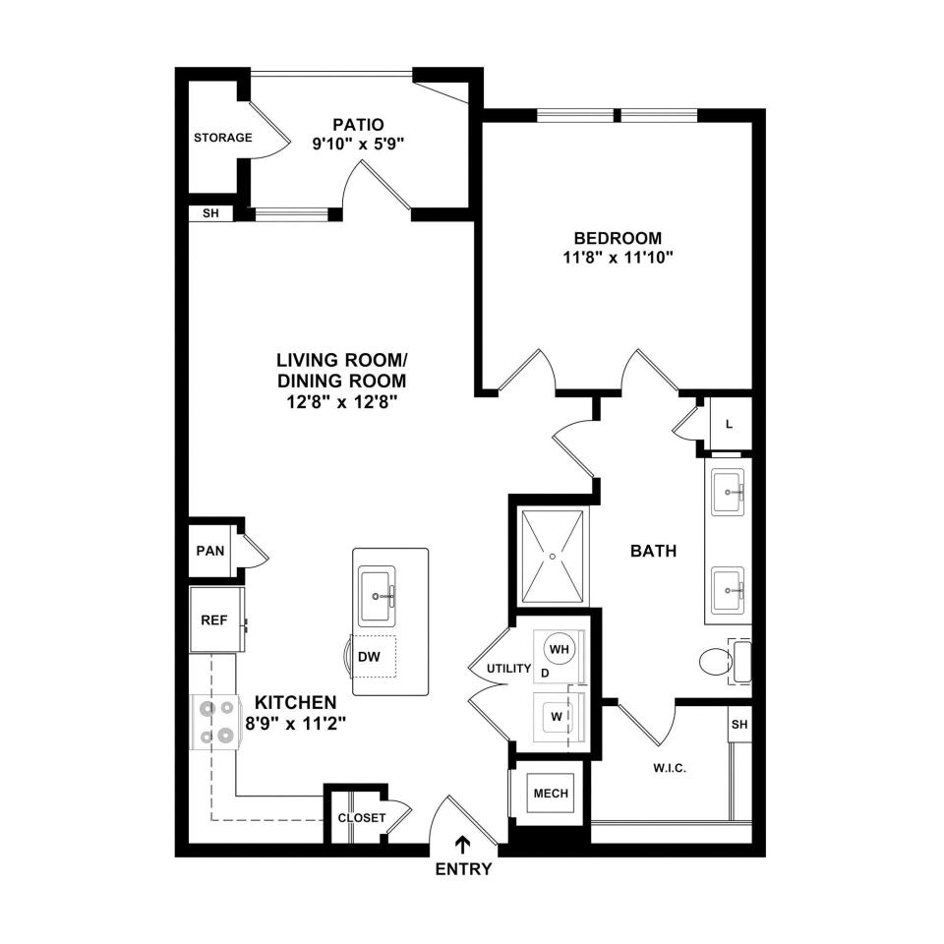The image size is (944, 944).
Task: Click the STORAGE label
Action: pyautogui.click(x=223, y=138)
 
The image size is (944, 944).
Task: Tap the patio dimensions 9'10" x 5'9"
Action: pyautogui.click(x=358, y=145)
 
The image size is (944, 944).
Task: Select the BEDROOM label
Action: pyautogui.click(x=618, y=238)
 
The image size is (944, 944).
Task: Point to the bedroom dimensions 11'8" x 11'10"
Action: pyautogui.click(x=618, y=258)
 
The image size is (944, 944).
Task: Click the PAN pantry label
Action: pyautogui.click(x=210, y=551)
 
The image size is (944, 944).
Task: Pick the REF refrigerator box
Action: pyautogui.click(x=216, y=619)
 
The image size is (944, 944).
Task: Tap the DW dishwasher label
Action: pyautogui.click(x=369, y=657)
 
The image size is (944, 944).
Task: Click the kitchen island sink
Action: pyautogui.click(x=377, y=596)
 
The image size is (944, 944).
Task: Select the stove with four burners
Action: pyautogui.click(x=213, y=722)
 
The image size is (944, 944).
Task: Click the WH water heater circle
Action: pyautogui.click(x=560, y=649)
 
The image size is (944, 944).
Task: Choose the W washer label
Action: pyautogui.click(x=557, y=717)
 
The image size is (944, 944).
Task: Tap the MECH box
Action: pyautogui.click(x=551, y=794)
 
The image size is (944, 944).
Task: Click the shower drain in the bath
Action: pyautogui.click(x=553, y=557)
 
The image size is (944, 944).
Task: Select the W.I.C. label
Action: pyautogui.click(x=670, y=768)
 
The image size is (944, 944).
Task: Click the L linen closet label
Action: pyautogui.click(x=729, y=425)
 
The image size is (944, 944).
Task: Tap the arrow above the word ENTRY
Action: pyautogui.click(x=462, y=845)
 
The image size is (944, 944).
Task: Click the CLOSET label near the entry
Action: pyautogui.click(x=361, y=818)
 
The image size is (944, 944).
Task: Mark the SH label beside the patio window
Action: pyautogui.click(x=210, y=213)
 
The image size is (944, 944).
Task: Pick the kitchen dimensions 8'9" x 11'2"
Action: pyautogui.click(x=296, y=723)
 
